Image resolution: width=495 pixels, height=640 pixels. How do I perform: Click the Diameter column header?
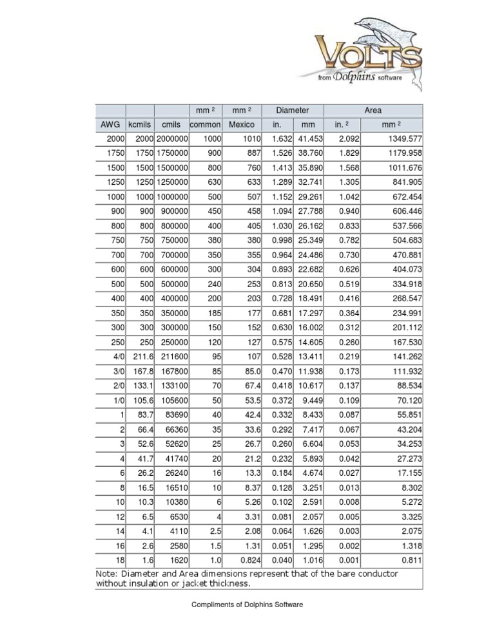(x=292, y=110)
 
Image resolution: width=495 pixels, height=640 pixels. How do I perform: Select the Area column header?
(x=373, y=110)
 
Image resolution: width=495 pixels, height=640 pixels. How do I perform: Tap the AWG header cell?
(x=110, y=124)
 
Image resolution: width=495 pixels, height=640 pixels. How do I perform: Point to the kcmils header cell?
(x=140, y=124)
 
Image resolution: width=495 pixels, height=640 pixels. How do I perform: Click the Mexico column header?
(x=240, y=124)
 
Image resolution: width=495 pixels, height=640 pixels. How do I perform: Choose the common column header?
(x=204, y=124)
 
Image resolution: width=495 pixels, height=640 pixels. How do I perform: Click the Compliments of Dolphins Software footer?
(x=247, y=604)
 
